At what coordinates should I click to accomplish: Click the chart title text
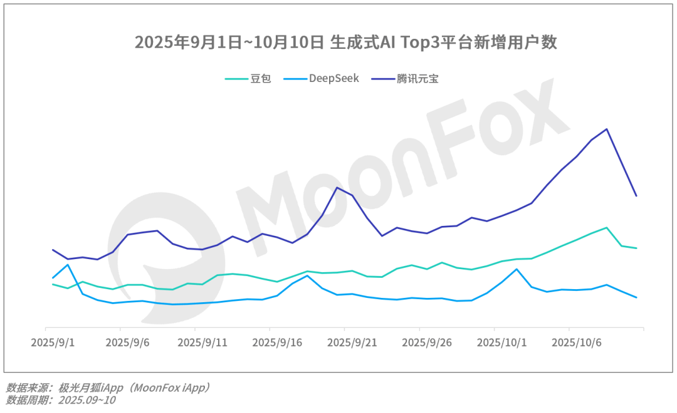point(346,43)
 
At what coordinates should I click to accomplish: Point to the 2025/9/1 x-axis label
point(53,344)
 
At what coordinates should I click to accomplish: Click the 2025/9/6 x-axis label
point(128,344)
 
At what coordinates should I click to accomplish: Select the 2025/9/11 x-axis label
point(202,344)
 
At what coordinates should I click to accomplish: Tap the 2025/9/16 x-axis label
point(277,344)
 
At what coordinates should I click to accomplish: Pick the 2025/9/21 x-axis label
point(352,344)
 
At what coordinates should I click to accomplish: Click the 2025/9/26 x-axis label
point(426,344)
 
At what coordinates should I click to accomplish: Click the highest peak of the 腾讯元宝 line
point(606,129)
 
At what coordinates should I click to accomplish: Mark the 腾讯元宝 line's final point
point(636,196)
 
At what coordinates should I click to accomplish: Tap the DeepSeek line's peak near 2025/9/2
point(68,265)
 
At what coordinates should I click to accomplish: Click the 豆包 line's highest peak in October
point(606,228)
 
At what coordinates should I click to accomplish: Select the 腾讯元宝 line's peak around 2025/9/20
point(337,188)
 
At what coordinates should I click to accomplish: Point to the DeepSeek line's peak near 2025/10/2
point(517,269)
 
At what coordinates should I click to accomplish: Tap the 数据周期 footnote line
point(61,400)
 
